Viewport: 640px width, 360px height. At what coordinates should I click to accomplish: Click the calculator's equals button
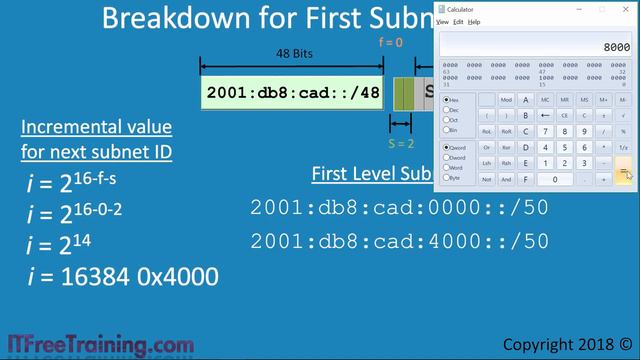[624, 171]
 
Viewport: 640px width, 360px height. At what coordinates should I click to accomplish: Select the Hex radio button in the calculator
[447, 100]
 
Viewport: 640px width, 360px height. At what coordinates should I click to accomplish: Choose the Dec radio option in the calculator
[447, 110]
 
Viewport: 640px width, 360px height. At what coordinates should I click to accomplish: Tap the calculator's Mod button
[506, 100]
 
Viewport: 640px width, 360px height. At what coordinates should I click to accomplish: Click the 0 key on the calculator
[555, 179]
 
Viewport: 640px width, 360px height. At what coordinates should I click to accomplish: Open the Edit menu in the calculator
[458, 21]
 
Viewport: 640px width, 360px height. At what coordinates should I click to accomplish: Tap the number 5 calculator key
[566, 147]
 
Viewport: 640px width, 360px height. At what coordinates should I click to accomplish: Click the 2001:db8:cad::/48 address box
[292, 93]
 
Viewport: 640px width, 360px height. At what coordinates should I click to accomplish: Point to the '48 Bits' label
[291, 56]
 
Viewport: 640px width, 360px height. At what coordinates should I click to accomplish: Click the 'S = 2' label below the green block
[400, 142]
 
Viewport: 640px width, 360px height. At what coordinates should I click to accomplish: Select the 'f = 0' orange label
[397, 44]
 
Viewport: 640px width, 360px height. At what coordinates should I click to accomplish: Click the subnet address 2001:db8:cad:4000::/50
[399, 241]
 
